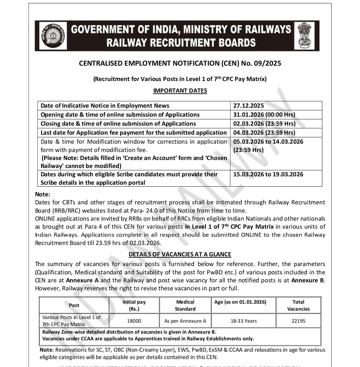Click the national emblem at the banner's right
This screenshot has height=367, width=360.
coord(304,36)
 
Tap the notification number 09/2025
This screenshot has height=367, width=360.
coord(269,63)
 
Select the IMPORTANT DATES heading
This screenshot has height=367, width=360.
coord(180,91)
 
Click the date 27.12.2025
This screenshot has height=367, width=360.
coord(249,106)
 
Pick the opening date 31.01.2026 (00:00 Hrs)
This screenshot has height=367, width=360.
coord(264,115)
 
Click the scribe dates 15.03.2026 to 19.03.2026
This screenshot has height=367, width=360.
coord(268,174)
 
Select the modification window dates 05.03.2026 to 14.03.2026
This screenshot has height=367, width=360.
coord(268,142)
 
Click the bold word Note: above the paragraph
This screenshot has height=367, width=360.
coord(43,194)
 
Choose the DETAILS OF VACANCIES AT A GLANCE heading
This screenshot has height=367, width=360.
coord(180,254)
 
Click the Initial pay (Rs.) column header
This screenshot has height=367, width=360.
coord(134,305)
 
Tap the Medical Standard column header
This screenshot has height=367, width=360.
coord(185,305)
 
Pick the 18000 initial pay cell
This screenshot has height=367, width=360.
coord(134,321)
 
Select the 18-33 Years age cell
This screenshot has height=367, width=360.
coord(244,321)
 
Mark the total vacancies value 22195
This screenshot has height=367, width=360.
coord(298,321)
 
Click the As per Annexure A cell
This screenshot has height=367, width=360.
coord(185,321)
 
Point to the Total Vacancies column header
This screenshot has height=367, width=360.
coord(298,305)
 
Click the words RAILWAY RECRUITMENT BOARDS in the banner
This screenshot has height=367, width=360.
coord(181,43)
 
